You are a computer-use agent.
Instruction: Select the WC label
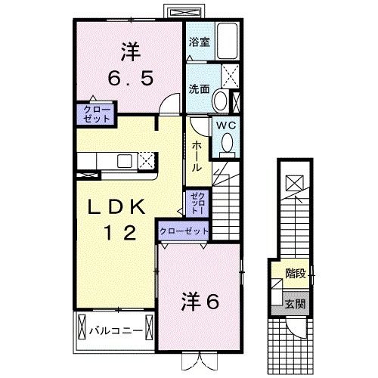(228, 127)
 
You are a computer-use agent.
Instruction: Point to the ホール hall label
(196, 156)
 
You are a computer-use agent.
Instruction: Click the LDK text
(118, 208)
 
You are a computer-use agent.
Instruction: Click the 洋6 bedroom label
(199, 302)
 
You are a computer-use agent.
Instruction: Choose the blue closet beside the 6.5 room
(93, 114)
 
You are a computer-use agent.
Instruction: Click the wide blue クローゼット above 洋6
(184, 231)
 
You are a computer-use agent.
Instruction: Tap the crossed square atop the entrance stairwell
(295, 182)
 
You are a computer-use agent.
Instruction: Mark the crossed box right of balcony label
(150, 330)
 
